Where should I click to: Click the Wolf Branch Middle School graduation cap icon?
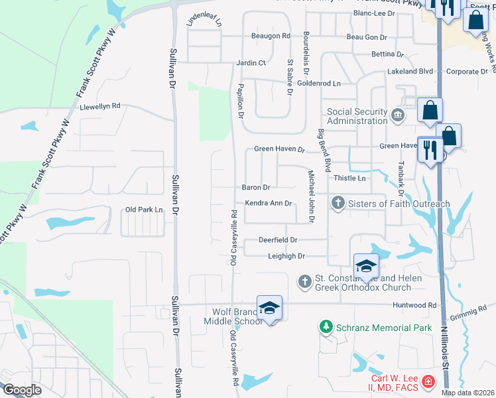coord(269,308)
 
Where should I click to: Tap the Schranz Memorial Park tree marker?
coord(326,327)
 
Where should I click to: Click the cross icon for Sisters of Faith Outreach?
coord(338,202)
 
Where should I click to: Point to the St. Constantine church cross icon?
coord(304,281)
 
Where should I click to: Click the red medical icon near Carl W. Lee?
coord(428,382)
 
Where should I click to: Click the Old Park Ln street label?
coord(144,210)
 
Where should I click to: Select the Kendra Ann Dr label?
coord(269,204)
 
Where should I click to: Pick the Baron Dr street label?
coord(256,188)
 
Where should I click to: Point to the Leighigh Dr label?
coord(286,256)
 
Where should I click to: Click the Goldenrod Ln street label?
coord(318,84)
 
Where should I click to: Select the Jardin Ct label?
coord(251,63)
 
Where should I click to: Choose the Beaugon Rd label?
coord(271,36)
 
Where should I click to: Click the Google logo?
coord(21,390)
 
